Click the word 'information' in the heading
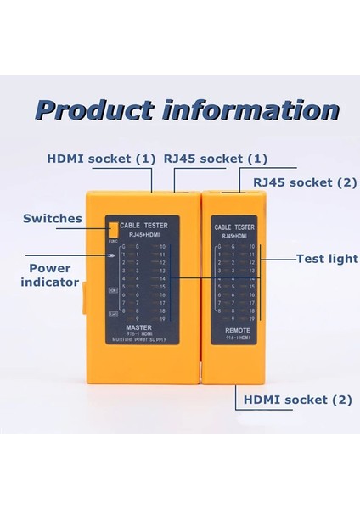tap(240, 111)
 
